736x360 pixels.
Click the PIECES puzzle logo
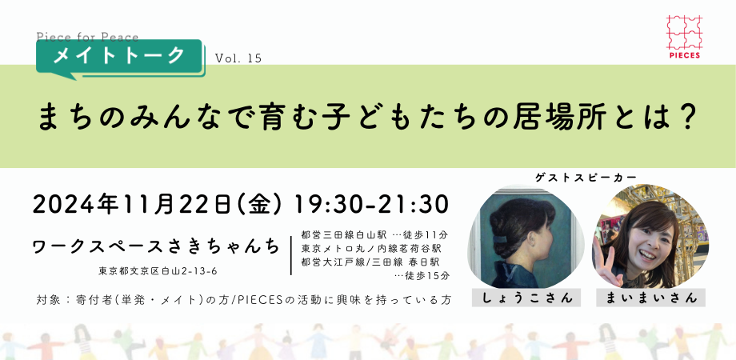pyautogui.click(x=683, y=37)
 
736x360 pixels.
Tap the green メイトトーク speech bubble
pyautogui.click(x=119, y=58)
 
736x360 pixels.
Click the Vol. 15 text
pyautogui.click(x=238, y=58)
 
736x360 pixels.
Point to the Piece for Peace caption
pyautogui.click(x=87, y=37)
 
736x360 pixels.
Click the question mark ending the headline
pyautogui.click(x=687, y=117)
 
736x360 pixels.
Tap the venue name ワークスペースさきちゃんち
pyautogui.click(x=157, y=246)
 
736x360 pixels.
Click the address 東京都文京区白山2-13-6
pyautogui.click(x=158, y=271)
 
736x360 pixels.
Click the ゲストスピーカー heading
pyautogui.click(x=586, y=178)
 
